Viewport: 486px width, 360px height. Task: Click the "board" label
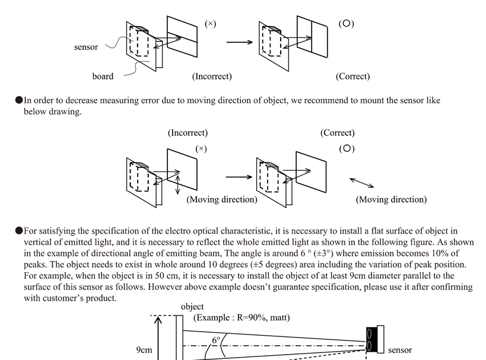(103, 77)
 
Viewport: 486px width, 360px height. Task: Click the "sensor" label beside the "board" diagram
(86, 47)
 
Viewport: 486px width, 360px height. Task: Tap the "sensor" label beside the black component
(400, 350)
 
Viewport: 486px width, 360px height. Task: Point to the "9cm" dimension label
(144, 350)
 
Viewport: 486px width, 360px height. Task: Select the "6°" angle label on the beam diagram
(216, 340)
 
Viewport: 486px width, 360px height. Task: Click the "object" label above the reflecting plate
(192, 307)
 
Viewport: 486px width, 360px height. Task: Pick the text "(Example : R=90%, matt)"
(242, 317)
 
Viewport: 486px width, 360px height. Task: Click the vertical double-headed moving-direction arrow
(177, 185)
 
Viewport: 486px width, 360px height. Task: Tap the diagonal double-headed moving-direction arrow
(362, 183)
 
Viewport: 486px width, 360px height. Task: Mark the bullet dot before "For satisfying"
(19, 231)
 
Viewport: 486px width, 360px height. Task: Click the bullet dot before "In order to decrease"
(19, 100)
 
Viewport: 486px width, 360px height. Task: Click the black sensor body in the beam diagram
(371, 340)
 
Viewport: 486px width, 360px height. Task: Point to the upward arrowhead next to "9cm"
(158, 320)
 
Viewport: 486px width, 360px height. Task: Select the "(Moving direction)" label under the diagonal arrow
(391, 199)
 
